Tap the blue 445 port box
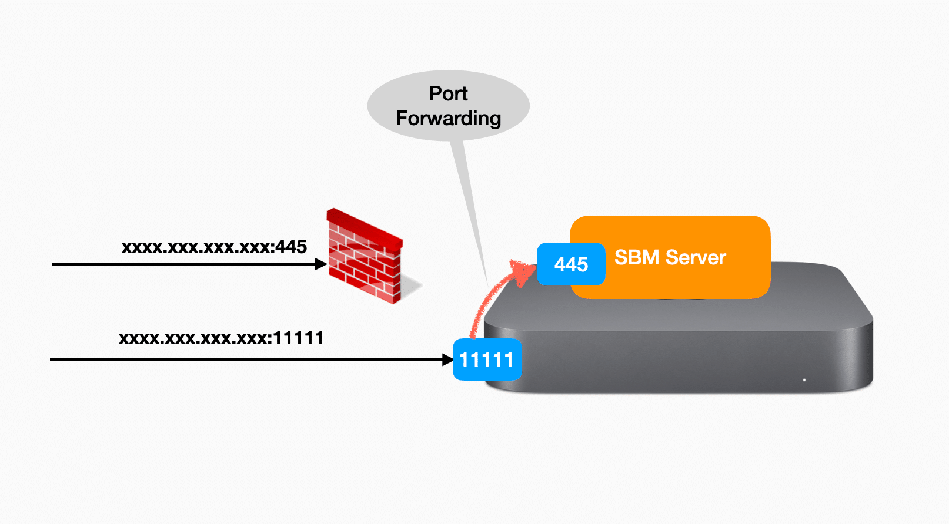[570, 264]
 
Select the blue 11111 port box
[487, 360]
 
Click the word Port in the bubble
[448, 94]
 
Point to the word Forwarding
[448, 119]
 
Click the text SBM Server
[670, 257]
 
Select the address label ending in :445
[214, 247]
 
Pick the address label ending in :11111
[221, 338]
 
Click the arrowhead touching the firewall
[321, 264]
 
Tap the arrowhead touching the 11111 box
[447, 360]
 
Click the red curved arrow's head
[522, 271]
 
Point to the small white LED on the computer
[804, 380]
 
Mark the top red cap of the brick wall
[365, 227]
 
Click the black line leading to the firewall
[176, 264]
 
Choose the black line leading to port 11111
[235, 360]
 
